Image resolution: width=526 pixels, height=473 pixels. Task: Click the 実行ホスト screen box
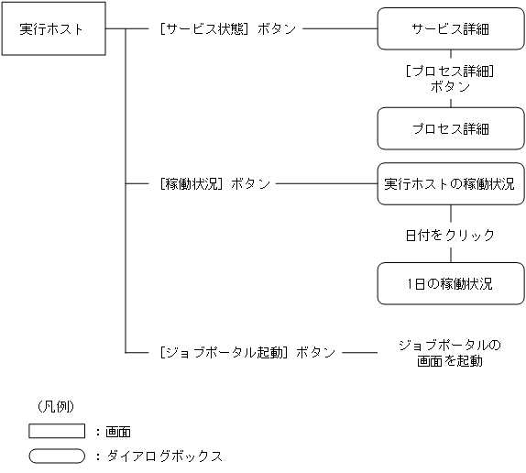coord(51,28)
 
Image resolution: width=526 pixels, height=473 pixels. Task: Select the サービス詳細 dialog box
coord(449,28)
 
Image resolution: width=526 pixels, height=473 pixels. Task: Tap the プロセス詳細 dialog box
coord(449,128)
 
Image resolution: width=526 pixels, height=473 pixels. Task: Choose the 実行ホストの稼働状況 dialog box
coord(449,184)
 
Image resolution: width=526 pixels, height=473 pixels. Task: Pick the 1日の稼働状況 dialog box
coord(449,284)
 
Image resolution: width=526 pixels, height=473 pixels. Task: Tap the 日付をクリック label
coord(449,235)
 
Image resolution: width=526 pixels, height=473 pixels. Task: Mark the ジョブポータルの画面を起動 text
coord(449,353)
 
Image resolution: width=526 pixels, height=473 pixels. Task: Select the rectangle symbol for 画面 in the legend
coord(56,431)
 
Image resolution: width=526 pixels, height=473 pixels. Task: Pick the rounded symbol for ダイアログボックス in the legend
coord(56,455)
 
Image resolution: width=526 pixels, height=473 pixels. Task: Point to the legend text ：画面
coord(113,431)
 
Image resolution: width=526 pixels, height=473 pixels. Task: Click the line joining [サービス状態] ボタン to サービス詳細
coord(339,28)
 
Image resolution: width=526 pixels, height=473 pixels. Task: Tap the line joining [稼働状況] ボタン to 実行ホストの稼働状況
coord(326,184)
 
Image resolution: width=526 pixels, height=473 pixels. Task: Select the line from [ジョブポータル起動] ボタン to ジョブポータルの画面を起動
coord(360,352)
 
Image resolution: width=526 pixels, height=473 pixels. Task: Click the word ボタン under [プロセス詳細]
coord(449,87)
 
